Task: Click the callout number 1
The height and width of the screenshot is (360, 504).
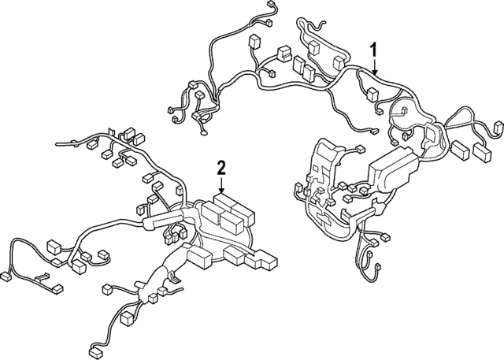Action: (375, 50)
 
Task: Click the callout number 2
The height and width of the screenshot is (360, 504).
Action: (222, 166)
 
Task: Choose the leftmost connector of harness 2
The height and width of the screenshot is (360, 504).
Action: (6, 276)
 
